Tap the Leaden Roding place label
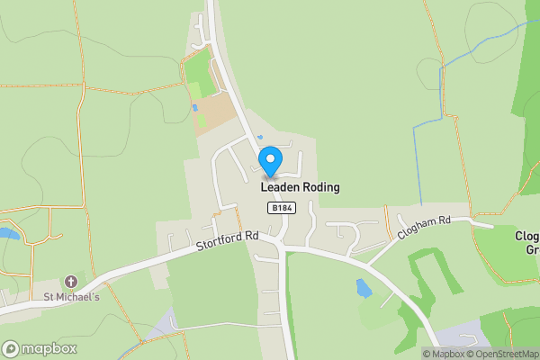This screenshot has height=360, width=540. click(300, 187)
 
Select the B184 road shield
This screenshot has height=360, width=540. click(282, 208)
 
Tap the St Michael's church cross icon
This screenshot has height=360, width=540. click(71, 282)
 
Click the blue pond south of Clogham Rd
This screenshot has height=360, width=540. click(364, 288)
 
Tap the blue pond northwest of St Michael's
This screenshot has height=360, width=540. click(8, 233)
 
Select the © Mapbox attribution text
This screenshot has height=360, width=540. click(445, 354)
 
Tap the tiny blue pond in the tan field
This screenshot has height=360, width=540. click(194, 108)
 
